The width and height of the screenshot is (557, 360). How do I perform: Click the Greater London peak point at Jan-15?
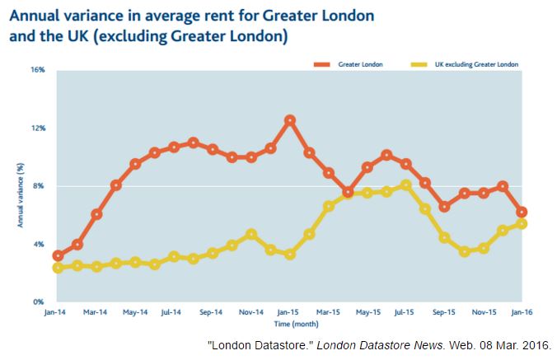tap(290, 120)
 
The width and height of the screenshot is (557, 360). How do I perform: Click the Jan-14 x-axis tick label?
tap(57, 313)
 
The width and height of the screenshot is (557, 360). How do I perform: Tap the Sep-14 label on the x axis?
tap(212, 313)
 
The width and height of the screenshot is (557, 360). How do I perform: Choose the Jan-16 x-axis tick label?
tap(522, 313)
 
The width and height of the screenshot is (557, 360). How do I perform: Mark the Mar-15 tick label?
tap(328, 313)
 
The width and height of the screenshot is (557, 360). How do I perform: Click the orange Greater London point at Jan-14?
tap(58, 256)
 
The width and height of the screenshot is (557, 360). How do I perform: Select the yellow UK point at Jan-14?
tap(58, 268)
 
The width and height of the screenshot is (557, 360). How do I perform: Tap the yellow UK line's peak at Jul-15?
tap(406, 185)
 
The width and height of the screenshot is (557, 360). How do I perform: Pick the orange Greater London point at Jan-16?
tap(522, 213)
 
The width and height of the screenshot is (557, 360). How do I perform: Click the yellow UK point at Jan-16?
tap(522, 224)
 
